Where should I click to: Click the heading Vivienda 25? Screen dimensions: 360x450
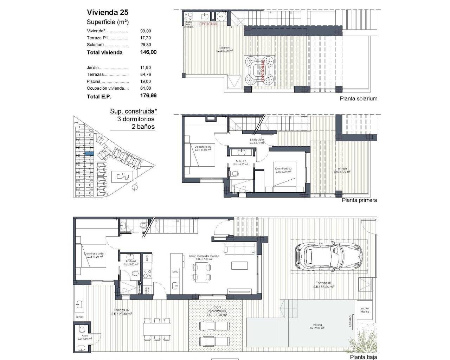click(108, 12)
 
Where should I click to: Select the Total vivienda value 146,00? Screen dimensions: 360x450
click(148, 52)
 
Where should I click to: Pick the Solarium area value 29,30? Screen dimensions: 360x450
click(145, 45)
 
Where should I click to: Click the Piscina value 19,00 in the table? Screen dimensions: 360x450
click(145, 82)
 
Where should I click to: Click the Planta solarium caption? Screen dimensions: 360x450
click(358, 99)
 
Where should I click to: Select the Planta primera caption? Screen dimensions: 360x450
click(359, 200)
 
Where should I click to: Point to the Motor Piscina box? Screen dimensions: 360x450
click(365, 310)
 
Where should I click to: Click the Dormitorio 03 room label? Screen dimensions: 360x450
click(283, 168)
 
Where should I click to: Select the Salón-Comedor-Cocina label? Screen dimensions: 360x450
click(204, 256)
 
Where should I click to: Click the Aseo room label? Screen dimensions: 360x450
click(85, 336)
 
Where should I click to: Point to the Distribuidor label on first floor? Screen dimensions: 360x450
click(257, 140)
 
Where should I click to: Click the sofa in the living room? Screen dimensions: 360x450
click(240, 249)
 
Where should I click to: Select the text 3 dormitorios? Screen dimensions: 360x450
click(136, 119)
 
